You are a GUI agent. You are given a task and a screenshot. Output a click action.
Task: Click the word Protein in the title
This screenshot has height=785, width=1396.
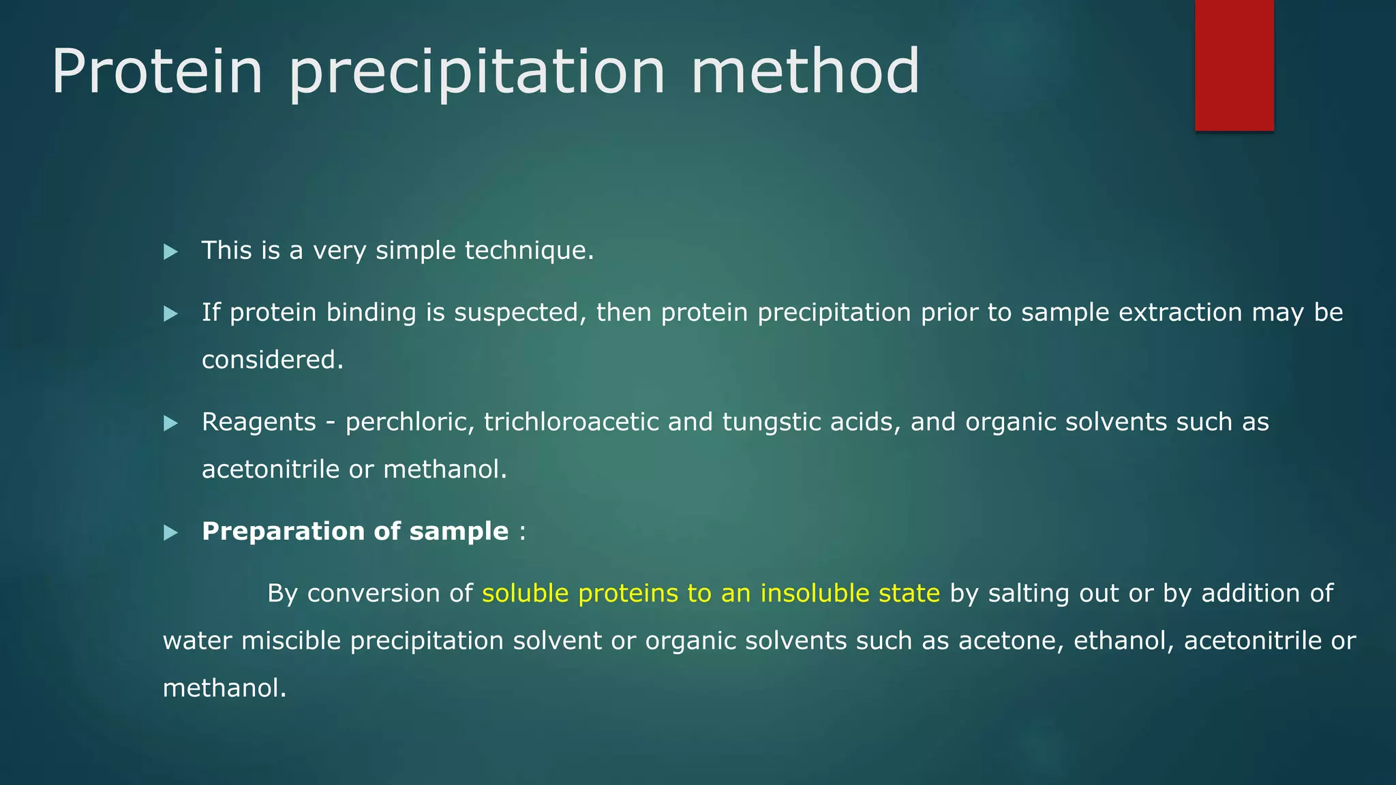157,71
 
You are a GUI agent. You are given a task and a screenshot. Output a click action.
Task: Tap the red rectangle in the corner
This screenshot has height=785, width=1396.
1234,65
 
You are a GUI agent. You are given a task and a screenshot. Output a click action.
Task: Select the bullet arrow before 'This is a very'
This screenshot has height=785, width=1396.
170,252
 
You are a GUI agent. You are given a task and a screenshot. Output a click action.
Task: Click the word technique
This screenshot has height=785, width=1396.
529,251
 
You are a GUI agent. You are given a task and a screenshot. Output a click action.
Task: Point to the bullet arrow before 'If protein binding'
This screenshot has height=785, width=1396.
170,314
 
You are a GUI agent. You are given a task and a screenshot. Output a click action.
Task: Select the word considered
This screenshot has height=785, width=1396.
272,360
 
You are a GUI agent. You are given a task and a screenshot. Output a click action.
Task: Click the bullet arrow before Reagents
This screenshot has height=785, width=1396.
170,424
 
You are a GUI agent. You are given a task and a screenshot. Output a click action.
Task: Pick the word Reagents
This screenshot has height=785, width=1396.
259,422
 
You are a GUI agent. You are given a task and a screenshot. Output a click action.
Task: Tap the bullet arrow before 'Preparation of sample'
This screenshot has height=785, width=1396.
170,533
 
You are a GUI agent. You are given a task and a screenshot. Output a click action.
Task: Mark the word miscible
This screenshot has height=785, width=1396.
290,641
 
